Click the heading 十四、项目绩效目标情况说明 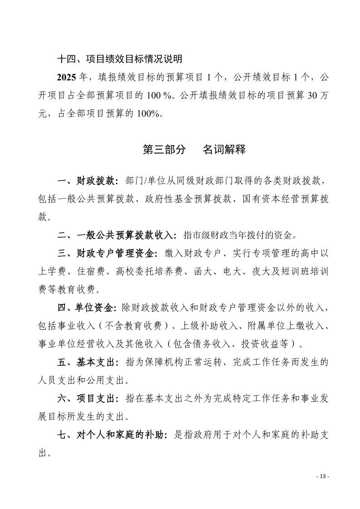(x=120, y=59)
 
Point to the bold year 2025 (x=66, y=78)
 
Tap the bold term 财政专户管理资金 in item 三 (x=117, y=253)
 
